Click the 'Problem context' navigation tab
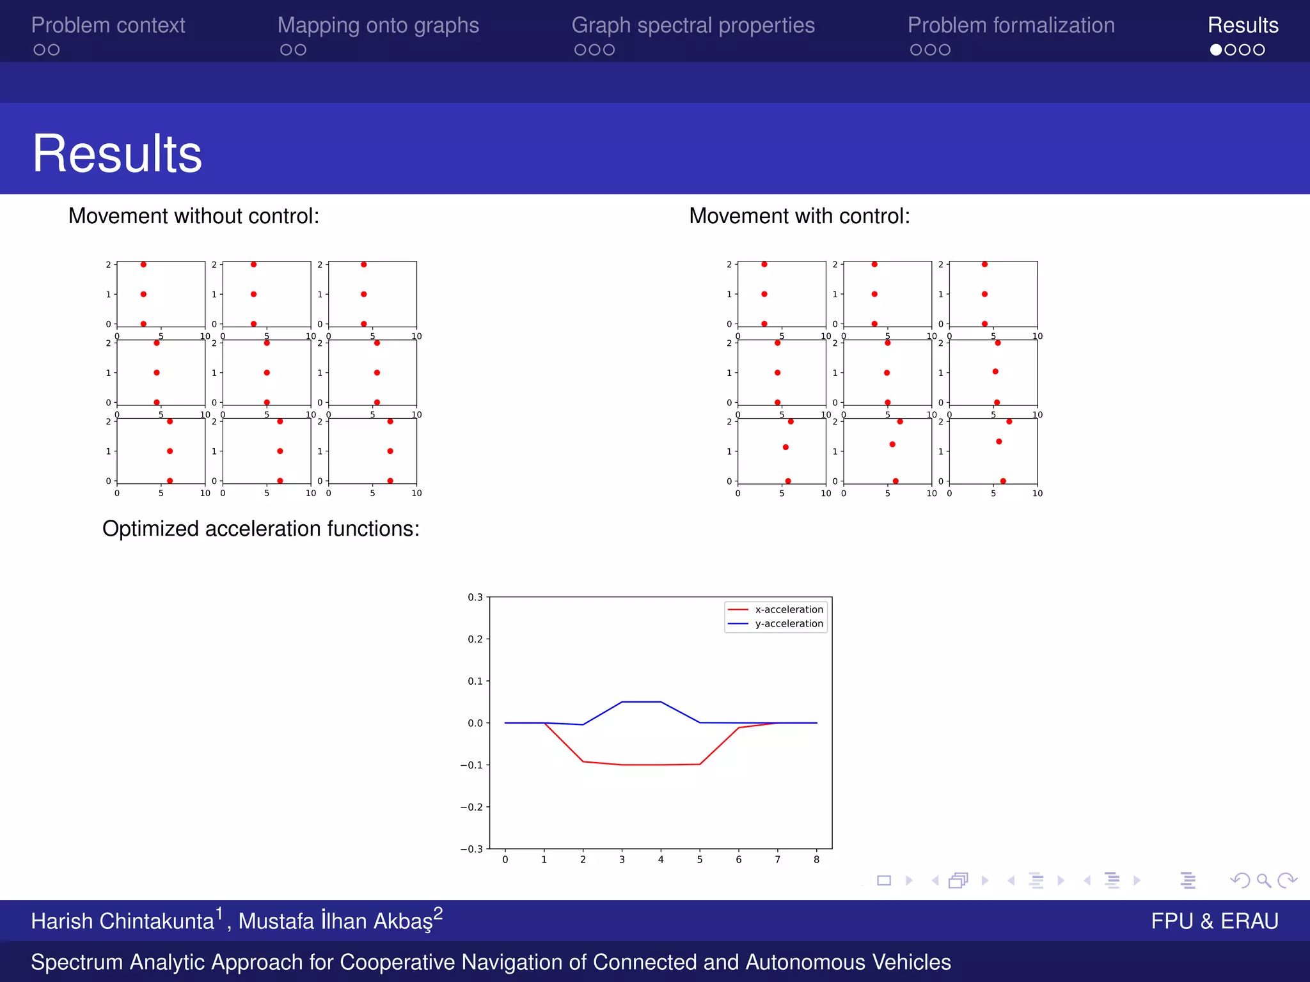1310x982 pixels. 108,25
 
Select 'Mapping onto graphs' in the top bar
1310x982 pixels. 378,25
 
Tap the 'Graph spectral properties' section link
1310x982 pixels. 693,25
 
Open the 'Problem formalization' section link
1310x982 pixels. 1011,25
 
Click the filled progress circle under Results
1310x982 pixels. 1216,50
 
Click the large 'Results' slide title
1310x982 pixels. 117,153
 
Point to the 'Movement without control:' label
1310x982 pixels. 193,216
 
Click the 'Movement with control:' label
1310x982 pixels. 799,216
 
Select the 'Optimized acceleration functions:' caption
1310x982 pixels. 260,529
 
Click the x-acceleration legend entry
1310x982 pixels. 788,609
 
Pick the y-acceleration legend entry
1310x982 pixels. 788,623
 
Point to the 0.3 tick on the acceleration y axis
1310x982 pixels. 475,597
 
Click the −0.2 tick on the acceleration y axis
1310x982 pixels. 472,807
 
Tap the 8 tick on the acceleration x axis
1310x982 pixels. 816,860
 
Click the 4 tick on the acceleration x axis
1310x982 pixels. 661,860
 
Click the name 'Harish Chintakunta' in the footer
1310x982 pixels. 122,921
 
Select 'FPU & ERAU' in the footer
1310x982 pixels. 1214,921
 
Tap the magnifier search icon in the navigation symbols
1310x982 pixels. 1263,881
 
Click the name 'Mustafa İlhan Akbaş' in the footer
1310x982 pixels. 335,921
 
